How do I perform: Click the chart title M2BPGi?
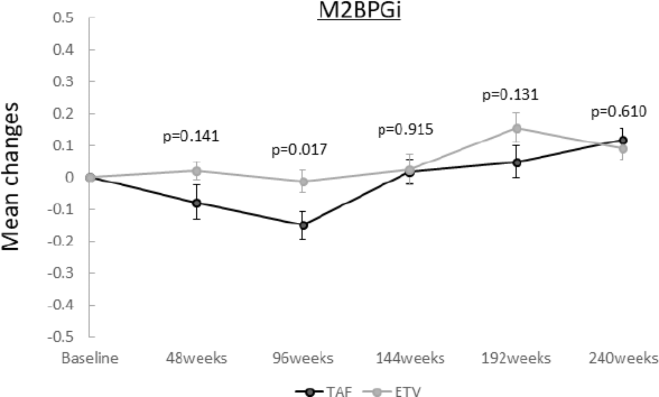coord(359,10)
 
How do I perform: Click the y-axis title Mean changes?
coord(11,177)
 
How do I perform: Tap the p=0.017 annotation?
coord(299,150)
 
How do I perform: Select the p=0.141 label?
coord(191,137)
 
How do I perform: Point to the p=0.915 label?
coord(405,130)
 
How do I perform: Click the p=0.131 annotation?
coord(510,95)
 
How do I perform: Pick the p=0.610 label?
coord(618,112)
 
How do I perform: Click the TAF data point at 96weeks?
coord(304,225)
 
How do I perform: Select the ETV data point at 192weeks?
coord(517,128)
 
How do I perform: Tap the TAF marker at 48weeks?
coord(196,203)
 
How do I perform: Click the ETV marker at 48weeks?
coord(196,171)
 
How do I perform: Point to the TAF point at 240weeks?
coord(623,140)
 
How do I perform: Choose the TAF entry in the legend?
coord(324,391)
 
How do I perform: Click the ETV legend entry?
coord(392,391)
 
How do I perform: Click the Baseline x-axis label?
coord(90,358)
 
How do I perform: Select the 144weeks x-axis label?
coord(410,358)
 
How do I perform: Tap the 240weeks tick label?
coord(623,358)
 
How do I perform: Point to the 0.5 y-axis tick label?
coord(64,18)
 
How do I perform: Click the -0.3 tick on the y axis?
coord(61,273)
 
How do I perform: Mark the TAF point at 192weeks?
coord(517,163)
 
